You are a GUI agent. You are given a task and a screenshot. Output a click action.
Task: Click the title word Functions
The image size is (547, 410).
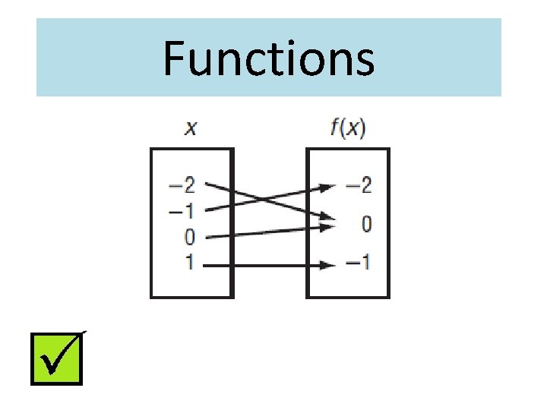coord(268,58)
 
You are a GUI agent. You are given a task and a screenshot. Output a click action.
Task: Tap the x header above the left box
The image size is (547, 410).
coord(191,128)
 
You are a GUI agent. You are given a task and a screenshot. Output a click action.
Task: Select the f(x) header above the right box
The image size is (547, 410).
coord(348,128)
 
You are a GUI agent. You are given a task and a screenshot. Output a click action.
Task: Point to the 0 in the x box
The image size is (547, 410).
coord(190,237)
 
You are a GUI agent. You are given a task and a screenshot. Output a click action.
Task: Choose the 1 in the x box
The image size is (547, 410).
coord(190,263)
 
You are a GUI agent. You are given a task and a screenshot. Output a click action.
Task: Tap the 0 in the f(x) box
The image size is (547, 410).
coord(366,224)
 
